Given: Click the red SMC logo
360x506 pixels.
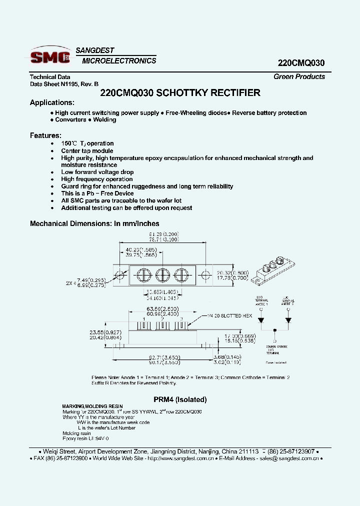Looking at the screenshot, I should point(50,57).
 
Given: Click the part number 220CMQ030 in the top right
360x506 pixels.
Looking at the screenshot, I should point(301,63).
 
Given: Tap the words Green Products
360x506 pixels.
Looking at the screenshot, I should point(299,76).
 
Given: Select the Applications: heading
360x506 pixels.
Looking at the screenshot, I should point(52,102).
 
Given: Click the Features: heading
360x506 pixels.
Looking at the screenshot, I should point(46,135).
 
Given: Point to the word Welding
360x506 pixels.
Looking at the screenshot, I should point(104,120).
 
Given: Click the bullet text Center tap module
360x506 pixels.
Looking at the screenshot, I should point(87,150).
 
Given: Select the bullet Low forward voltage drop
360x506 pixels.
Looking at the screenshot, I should point(97,172).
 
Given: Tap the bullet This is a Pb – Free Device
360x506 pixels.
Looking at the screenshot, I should point(97,193).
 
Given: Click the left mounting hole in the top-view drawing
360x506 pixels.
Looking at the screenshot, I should point(120,274).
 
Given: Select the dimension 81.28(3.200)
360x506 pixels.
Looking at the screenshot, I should point(164,234).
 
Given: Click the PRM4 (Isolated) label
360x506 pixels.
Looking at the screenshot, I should point(179,399).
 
